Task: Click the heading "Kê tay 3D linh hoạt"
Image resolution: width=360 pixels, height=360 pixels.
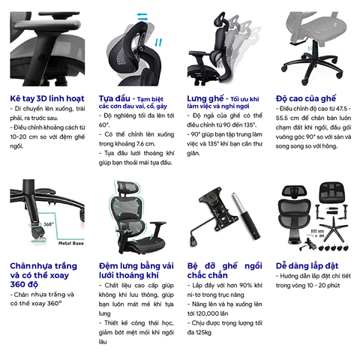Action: [47, 98]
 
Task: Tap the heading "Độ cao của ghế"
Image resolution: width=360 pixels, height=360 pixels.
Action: [305, 98]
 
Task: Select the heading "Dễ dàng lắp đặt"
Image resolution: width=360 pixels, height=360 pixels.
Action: [307, 265]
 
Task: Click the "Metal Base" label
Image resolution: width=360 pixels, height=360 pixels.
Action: [71, 243]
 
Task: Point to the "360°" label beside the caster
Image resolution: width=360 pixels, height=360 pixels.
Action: [49, 224]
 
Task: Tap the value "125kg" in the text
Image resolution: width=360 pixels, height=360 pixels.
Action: [203, 332]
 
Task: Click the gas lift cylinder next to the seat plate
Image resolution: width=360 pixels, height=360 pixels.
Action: [246, 215]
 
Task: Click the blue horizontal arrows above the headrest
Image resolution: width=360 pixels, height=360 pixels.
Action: [142, 16]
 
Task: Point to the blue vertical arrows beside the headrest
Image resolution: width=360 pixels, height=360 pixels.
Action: [158, 43]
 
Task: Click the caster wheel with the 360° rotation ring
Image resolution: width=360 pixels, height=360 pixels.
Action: [37, 232]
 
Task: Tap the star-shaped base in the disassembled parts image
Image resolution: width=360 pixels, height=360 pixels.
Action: [334, 230]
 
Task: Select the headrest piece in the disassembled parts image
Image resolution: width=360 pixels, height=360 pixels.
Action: [294, 191]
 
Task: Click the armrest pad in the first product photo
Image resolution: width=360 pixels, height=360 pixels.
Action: [47, 25]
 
